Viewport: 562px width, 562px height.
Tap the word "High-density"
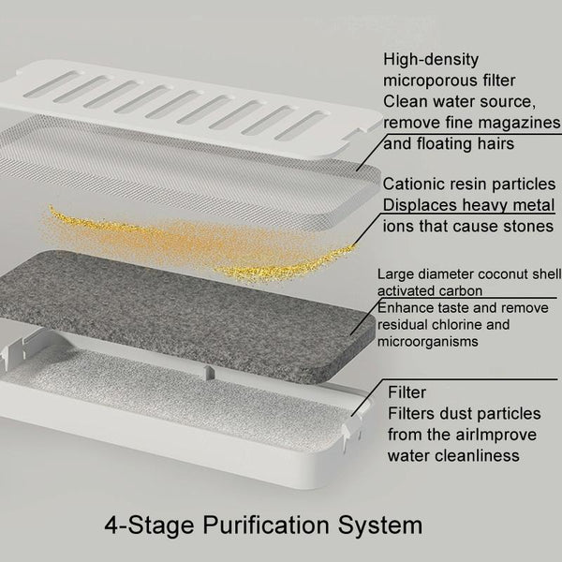pyautogui.click(x=431, y=60)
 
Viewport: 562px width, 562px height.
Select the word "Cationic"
pyautogui.click(x=412, y=185)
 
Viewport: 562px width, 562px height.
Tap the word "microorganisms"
pyautogui.click(x=428, y=342)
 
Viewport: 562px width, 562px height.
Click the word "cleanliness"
pyautogui.click(x=481, y=456)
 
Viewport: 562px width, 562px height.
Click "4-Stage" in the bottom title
pyautogui.click(x=149, y=525)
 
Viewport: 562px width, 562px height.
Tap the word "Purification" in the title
pyautogui.click(x=266, y=525)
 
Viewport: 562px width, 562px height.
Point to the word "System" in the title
pyautogui.click(x=380, y=526)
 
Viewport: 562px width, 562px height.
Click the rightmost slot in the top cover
pyautogui.click(x=301, y=126)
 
